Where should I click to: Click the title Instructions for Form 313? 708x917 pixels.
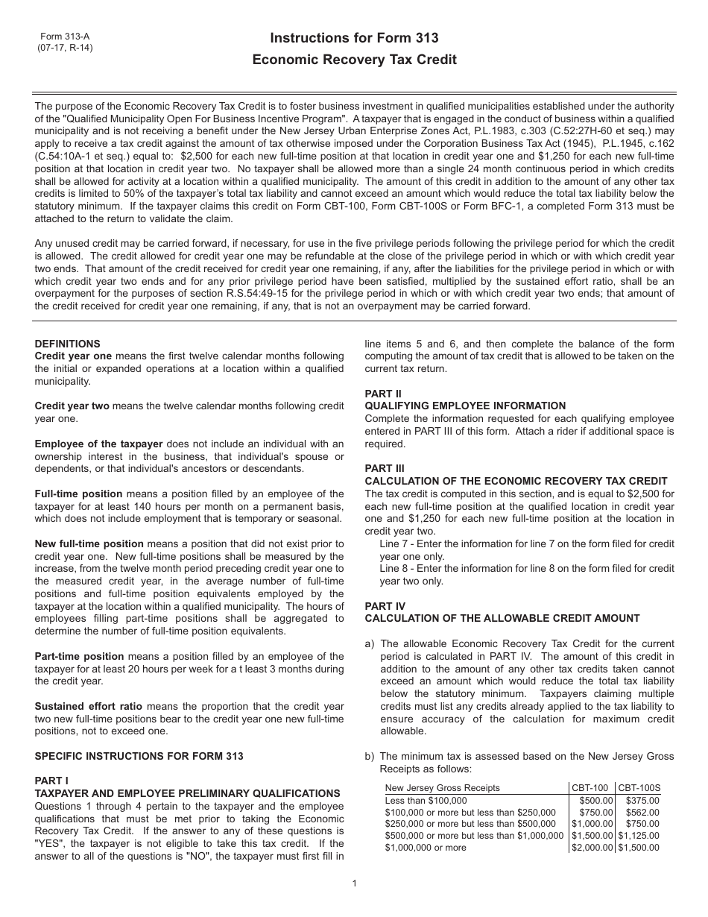click(x=354, y=38)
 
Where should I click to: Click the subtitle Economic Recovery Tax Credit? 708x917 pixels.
click(x=354, y=60)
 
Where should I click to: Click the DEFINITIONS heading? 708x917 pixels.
click(x=67, y=344)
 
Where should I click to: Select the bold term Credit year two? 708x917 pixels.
click(x=72, y=406)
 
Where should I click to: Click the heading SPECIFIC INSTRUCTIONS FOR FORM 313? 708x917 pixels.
click(x=139, y=756)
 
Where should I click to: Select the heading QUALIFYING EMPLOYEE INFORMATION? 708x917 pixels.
click(x=465, y=406)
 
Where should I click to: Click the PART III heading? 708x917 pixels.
click(x=385, y=468)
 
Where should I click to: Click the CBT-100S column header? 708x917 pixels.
click(x=639, y=787)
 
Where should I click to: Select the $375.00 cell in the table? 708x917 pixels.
click(x=643, y=800)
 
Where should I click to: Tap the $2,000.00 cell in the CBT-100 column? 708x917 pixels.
click(x=592, y=848)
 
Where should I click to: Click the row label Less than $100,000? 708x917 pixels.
click(x=420, y=800)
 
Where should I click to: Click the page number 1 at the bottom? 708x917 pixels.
click(x=354, y=883)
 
